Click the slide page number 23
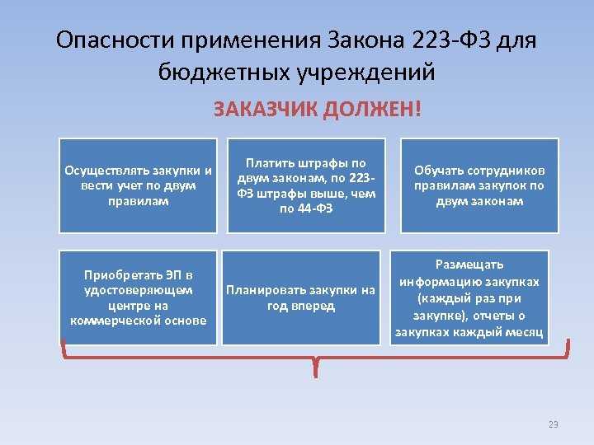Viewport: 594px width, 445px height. [x=553, y=424]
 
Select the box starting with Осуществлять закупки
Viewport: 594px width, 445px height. [x=139, y=185]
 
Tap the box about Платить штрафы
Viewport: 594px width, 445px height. [x=306, y=185]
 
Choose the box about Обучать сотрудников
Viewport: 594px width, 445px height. [x=479, y=185]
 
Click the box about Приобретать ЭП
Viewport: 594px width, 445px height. [x=139, y=297]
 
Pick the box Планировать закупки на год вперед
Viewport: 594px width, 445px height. [x=306, y=297]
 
